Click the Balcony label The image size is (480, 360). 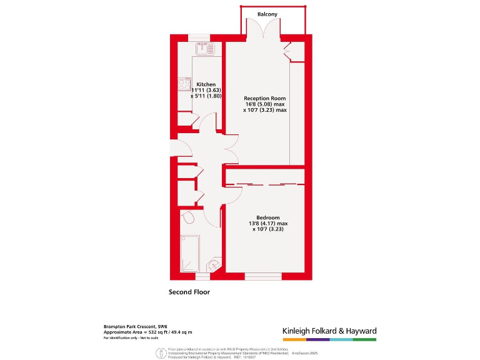(x=267, y=14)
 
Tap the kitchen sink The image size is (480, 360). (x=206, y=47)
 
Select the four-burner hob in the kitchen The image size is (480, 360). (x=184, y=84)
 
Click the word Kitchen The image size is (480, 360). (x=206, y=84)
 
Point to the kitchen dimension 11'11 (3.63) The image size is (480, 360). (x=206, y=91)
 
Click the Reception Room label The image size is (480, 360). (x=264, y=98)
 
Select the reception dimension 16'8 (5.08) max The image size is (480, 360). (x=265, y=104)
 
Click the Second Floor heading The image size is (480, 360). (x=189, y=292)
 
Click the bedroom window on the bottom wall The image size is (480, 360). (x=263, y=275)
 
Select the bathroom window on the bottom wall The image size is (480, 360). (x=202, y=275)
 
